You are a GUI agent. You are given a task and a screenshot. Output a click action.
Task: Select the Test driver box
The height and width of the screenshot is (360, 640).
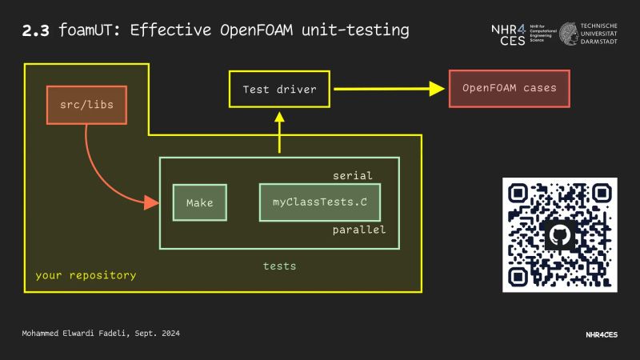click(x=279, y=89)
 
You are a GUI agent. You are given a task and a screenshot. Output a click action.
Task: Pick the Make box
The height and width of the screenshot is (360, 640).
click(x=200, y=202)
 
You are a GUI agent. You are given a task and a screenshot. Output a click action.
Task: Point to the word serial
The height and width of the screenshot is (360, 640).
click(x=352, y=175)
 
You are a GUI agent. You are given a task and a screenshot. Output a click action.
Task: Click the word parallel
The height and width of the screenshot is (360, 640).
click(x=359, y=230)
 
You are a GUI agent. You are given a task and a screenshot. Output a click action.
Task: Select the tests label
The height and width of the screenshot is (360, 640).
click(x=279, y=266)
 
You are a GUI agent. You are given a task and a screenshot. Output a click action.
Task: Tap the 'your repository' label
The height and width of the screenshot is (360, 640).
click(x=86, y=275)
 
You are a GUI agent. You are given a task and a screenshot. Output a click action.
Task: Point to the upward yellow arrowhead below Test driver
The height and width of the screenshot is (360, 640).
click(x=279, y=117)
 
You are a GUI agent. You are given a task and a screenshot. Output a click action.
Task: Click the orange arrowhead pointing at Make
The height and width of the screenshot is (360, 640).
click(x=152, y=203)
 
